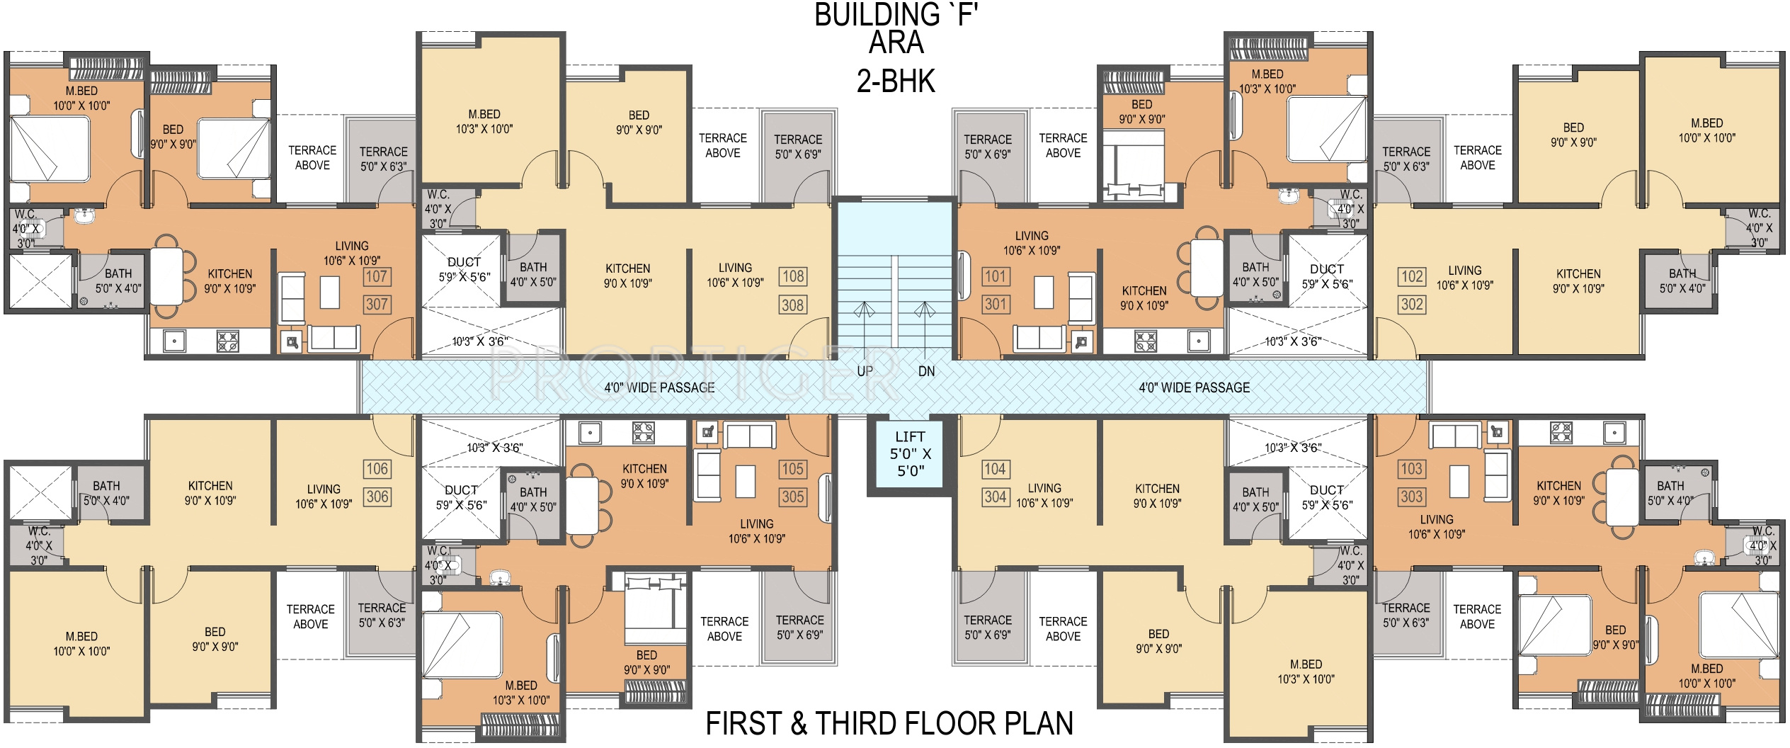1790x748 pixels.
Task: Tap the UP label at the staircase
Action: click(x=865, y=371)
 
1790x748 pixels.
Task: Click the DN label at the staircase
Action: click(x=926, y=371)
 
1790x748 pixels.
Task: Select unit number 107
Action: click(x=377, y=276)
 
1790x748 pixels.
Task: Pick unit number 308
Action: click(x=792, y=305)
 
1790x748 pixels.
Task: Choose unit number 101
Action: click(x=996, y=276)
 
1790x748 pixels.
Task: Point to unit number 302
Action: click(x=1412, y=305)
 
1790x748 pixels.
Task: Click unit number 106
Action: click(x=377, y=468)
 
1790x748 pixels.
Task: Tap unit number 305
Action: click(x=792, y=497)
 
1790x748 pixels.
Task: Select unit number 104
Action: click(x=996, y=468)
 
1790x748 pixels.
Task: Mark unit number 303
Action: click(x=1412, y=497)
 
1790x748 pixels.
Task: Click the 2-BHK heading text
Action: click(x=896, y=81)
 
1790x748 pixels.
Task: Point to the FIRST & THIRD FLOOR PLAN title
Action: click(x=889, y=724)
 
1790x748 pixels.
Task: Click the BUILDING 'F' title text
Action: click(x=896, y=15)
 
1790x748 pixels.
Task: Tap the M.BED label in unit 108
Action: click(x=484, y=114)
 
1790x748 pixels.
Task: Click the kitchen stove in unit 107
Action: click(x=228, y=341)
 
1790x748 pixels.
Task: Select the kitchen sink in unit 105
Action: click(x=590, y=432)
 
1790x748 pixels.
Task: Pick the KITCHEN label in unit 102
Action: click(x=1578, y=274)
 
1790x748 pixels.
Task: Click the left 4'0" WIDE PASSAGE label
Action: click(x=659, y=387)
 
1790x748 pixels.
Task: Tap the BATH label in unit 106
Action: click(x=106, y=486)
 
